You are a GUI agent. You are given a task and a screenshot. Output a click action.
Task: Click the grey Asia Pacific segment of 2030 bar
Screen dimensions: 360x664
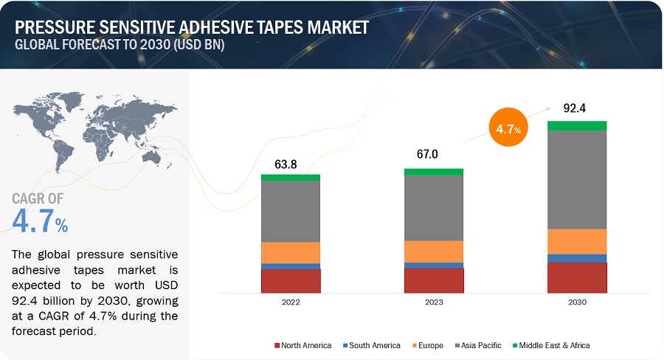577,179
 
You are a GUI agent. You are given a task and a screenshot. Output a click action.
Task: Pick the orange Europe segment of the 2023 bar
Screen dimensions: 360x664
434,251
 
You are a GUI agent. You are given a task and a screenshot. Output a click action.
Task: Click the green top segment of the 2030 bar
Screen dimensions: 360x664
577,125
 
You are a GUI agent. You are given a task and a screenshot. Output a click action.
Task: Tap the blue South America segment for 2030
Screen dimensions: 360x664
577,258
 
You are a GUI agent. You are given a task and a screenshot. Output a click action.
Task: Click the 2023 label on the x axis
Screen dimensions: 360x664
434,302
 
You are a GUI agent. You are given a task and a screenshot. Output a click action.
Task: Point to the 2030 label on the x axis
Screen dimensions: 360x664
577,302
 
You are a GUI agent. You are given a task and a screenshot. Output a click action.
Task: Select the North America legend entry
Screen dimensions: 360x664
302,345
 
